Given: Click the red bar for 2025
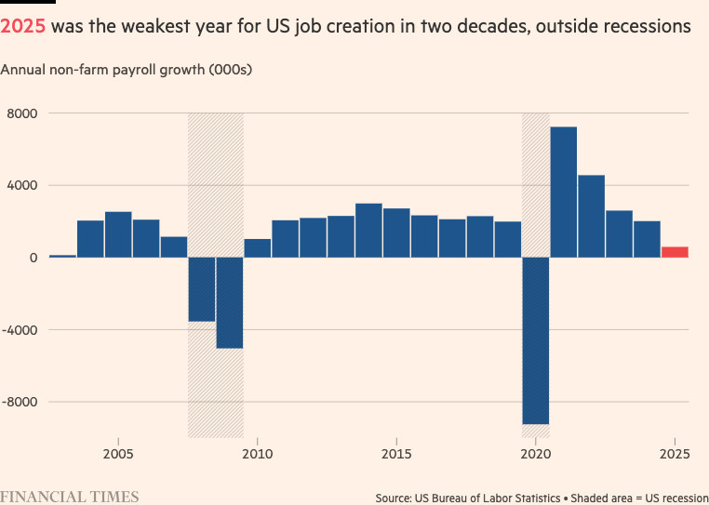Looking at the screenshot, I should coord(675,252).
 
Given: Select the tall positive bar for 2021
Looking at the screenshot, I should coord(563,192).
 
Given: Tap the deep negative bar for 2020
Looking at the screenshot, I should coord(536,340).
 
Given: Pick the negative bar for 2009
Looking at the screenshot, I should coord(230,302).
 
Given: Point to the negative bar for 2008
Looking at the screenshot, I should coord(202,289).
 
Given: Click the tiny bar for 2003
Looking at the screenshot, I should coord(62,256).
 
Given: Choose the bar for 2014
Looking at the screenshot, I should coord(368,230).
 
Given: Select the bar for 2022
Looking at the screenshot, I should coord(591,216).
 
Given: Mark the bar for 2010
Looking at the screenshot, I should coord(258,248).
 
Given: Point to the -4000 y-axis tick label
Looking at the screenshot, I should coord(20,330).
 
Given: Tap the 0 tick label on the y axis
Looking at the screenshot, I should coord(32,258).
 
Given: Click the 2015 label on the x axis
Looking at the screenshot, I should coord(396,454).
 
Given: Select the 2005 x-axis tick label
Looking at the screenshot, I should coord(118,454).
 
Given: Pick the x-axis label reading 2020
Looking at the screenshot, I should coord(536,454).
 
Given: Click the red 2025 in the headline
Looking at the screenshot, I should coord(23,26).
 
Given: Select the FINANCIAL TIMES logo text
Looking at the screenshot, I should coord(70,496).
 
